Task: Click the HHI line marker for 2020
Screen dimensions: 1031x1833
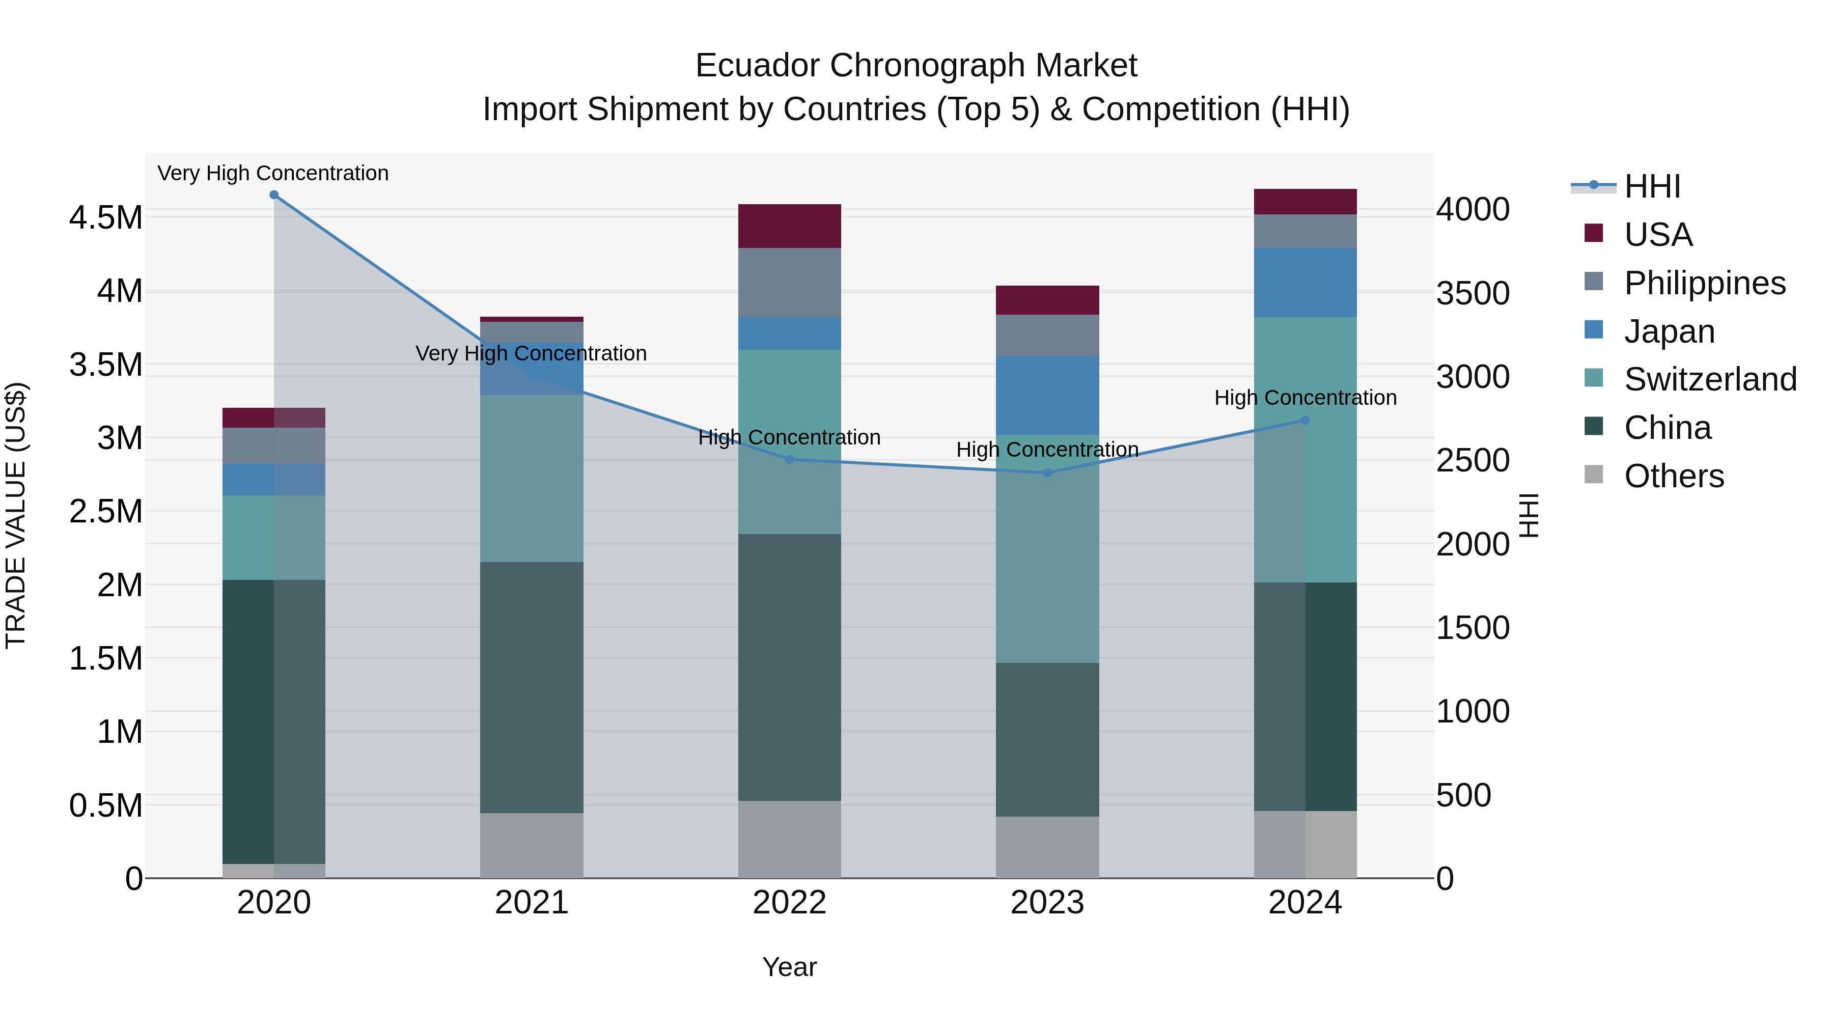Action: coord(274,195)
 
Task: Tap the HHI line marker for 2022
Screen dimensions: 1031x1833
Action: coord(789,460)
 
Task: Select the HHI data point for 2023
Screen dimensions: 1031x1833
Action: coord(1047,472)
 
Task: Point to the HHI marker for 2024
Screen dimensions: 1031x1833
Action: coord(1305,421)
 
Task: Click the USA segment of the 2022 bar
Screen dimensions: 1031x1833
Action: coord(789,226)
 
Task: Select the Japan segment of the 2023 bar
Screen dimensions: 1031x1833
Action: coord(1047,395)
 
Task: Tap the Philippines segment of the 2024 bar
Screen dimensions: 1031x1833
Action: coord(1305,231)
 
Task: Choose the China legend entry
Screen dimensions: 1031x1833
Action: coord(1667,428)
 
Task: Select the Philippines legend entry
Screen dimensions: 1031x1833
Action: coord(1704,283)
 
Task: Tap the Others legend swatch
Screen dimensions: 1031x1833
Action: coord(1594,475)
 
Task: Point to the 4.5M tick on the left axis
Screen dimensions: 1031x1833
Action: coord(106,218)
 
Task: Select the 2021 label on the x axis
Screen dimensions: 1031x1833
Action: coord(532,903)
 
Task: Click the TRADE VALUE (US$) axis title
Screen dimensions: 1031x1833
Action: coord(16,515)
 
